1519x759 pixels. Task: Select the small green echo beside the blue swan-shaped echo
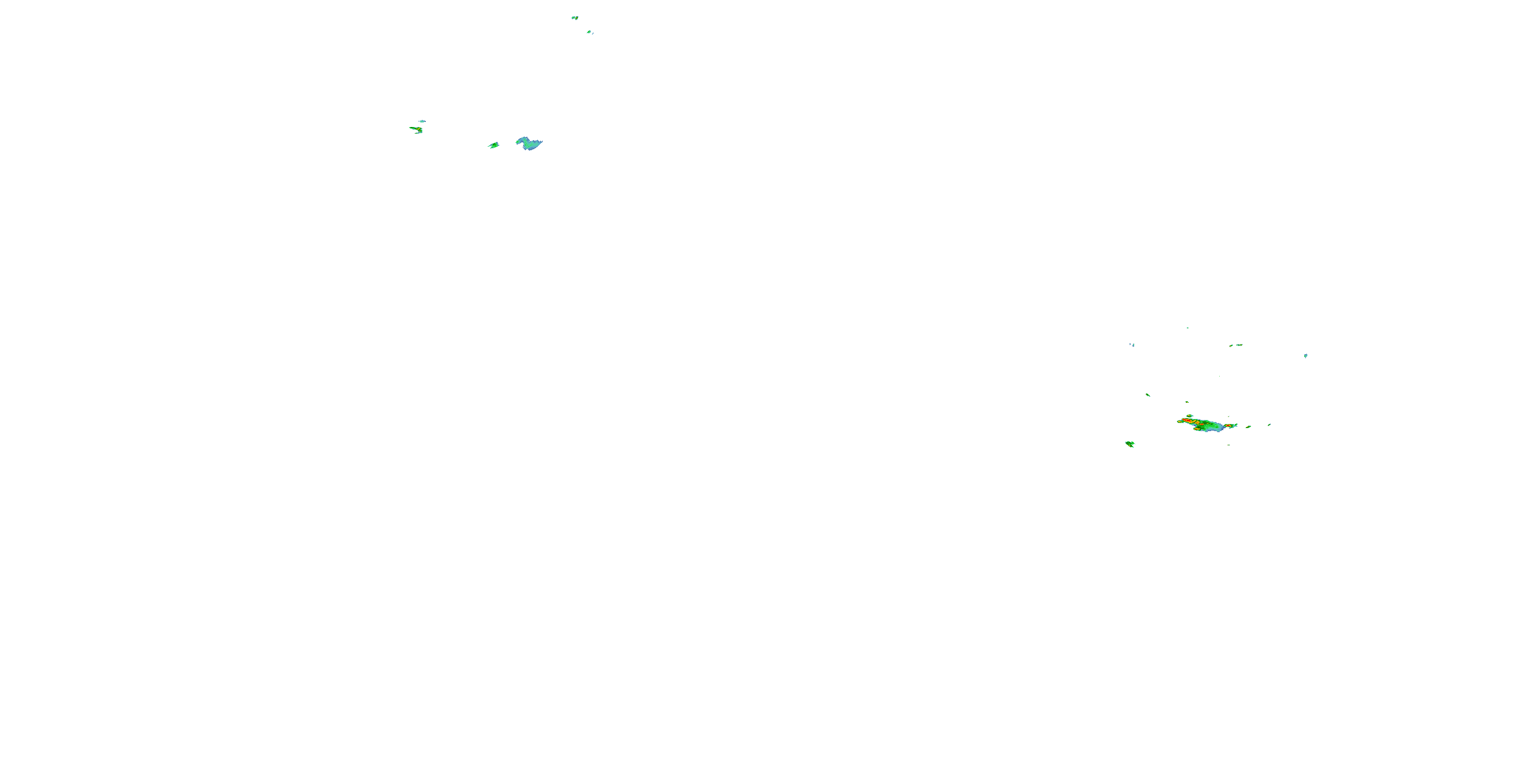(x=494, y=145)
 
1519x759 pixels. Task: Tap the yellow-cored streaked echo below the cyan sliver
(x=417, y=129)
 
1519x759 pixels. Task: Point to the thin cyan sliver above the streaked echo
(x=422, y=121)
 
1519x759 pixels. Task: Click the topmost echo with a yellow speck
(x=574, y=18)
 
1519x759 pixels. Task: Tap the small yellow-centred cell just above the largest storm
(x=1189, y=416)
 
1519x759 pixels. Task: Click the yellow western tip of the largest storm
(x=1180, y=421)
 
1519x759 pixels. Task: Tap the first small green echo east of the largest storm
(x=1248, y=427)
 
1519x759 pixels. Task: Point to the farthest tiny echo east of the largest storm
(x=1269, y=425)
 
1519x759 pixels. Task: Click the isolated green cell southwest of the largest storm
(x=1130, y=444)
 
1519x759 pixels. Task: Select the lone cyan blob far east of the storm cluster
(x=1305, y=355)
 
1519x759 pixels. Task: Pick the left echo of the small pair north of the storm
(x=1231, y=346)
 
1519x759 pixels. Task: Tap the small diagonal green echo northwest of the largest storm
(x=1147, y=395)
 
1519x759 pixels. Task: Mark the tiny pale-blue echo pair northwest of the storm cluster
(x=1132, y=345)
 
